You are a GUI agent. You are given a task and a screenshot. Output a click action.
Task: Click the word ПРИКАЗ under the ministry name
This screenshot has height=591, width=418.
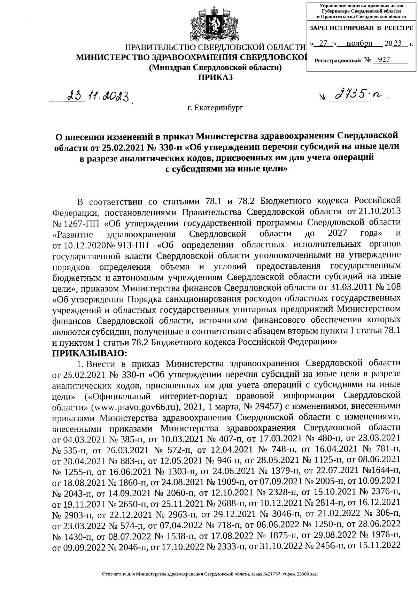[x=215, y=77]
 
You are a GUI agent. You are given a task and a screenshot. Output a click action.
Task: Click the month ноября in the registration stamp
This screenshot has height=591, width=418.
[x=359, y=44]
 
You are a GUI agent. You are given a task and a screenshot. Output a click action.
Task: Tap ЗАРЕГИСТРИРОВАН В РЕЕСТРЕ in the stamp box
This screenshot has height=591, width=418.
[x=361, y=28]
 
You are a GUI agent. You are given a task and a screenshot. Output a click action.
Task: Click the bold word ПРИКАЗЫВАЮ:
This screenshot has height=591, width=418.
[x=90, y=353]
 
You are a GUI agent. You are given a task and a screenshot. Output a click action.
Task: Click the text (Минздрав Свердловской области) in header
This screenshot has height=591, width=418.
[x=215, y=68]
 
